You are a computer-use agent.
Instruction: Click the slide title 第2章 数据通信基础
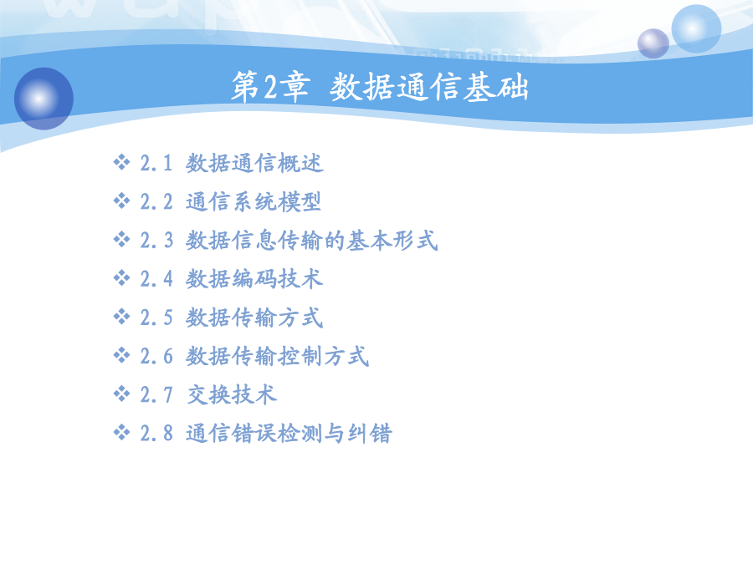380,87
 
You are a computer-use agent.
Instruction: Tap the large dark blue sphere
44,99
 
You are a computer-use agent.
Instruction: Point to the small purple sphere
653,43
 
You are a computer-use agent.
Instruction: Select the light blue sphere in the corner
696,28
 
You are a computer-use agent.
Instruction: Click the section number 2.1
156,163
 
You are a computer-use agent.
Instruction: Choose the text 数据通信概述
254,163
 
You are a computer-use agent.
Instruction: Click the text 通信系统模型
254,201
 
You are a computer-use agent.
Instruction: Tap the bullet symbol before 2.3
121,239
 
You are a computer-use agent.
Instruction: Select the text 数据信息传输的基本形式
312,241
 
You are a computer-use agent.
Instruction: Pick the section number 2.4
156,279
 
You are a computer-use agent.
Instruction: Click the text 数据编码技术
254,279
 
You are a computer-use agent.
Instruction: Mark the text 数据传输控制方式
278,356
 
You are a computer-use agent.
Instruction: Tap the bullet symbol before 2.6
121,355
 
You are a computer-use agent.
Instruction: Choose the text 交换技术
232,394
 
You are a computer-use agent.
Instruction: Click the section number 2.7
156,395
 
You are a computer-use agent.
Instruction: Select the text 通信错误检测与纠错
289,433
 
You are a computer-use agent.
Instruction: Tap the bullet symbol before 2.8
121,432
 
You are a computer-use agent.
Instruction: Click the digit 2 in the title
270,87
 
